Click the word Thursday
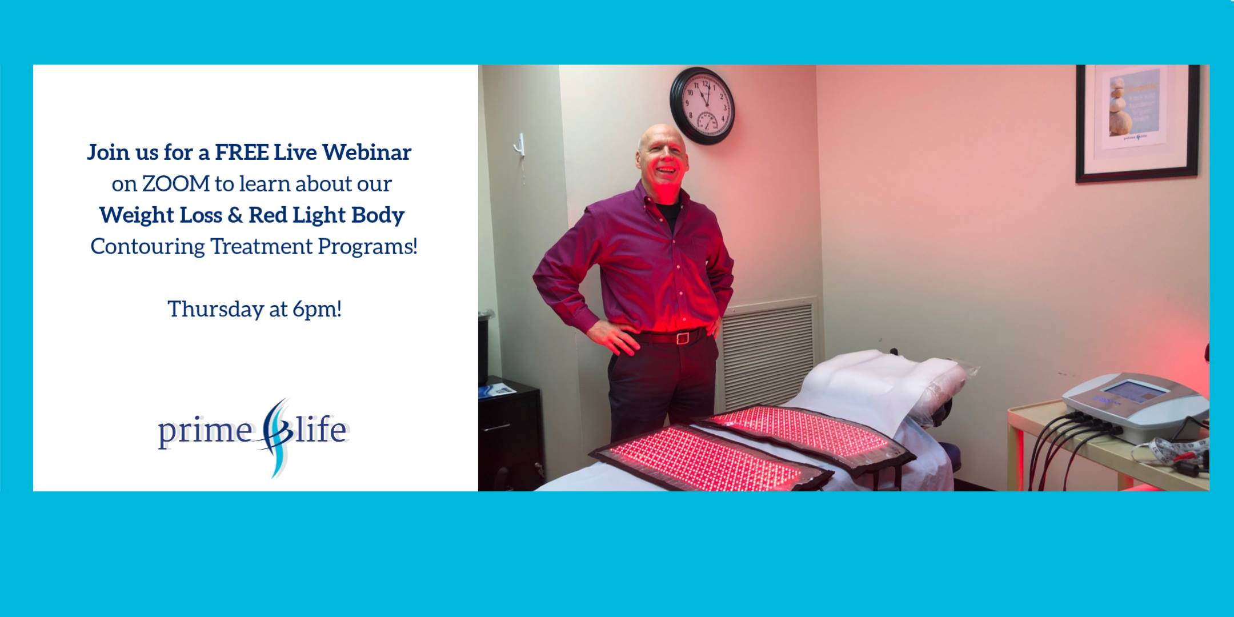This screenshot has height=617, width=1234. [x=215, y=309]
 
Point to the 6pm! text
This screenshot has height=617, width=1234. [x=317, y=309]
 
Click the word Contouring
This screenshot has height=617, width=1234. [x=147, y=247]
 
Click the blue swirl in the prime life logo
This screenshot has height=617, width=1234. [x=275, y=438]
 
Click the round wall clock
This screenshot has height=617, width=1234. [x=702, y=106]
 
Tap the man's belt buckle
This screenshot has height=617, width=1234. [x=681, y=338]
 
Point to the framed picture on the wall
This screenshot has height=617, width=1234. [x=1137, y=123]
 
